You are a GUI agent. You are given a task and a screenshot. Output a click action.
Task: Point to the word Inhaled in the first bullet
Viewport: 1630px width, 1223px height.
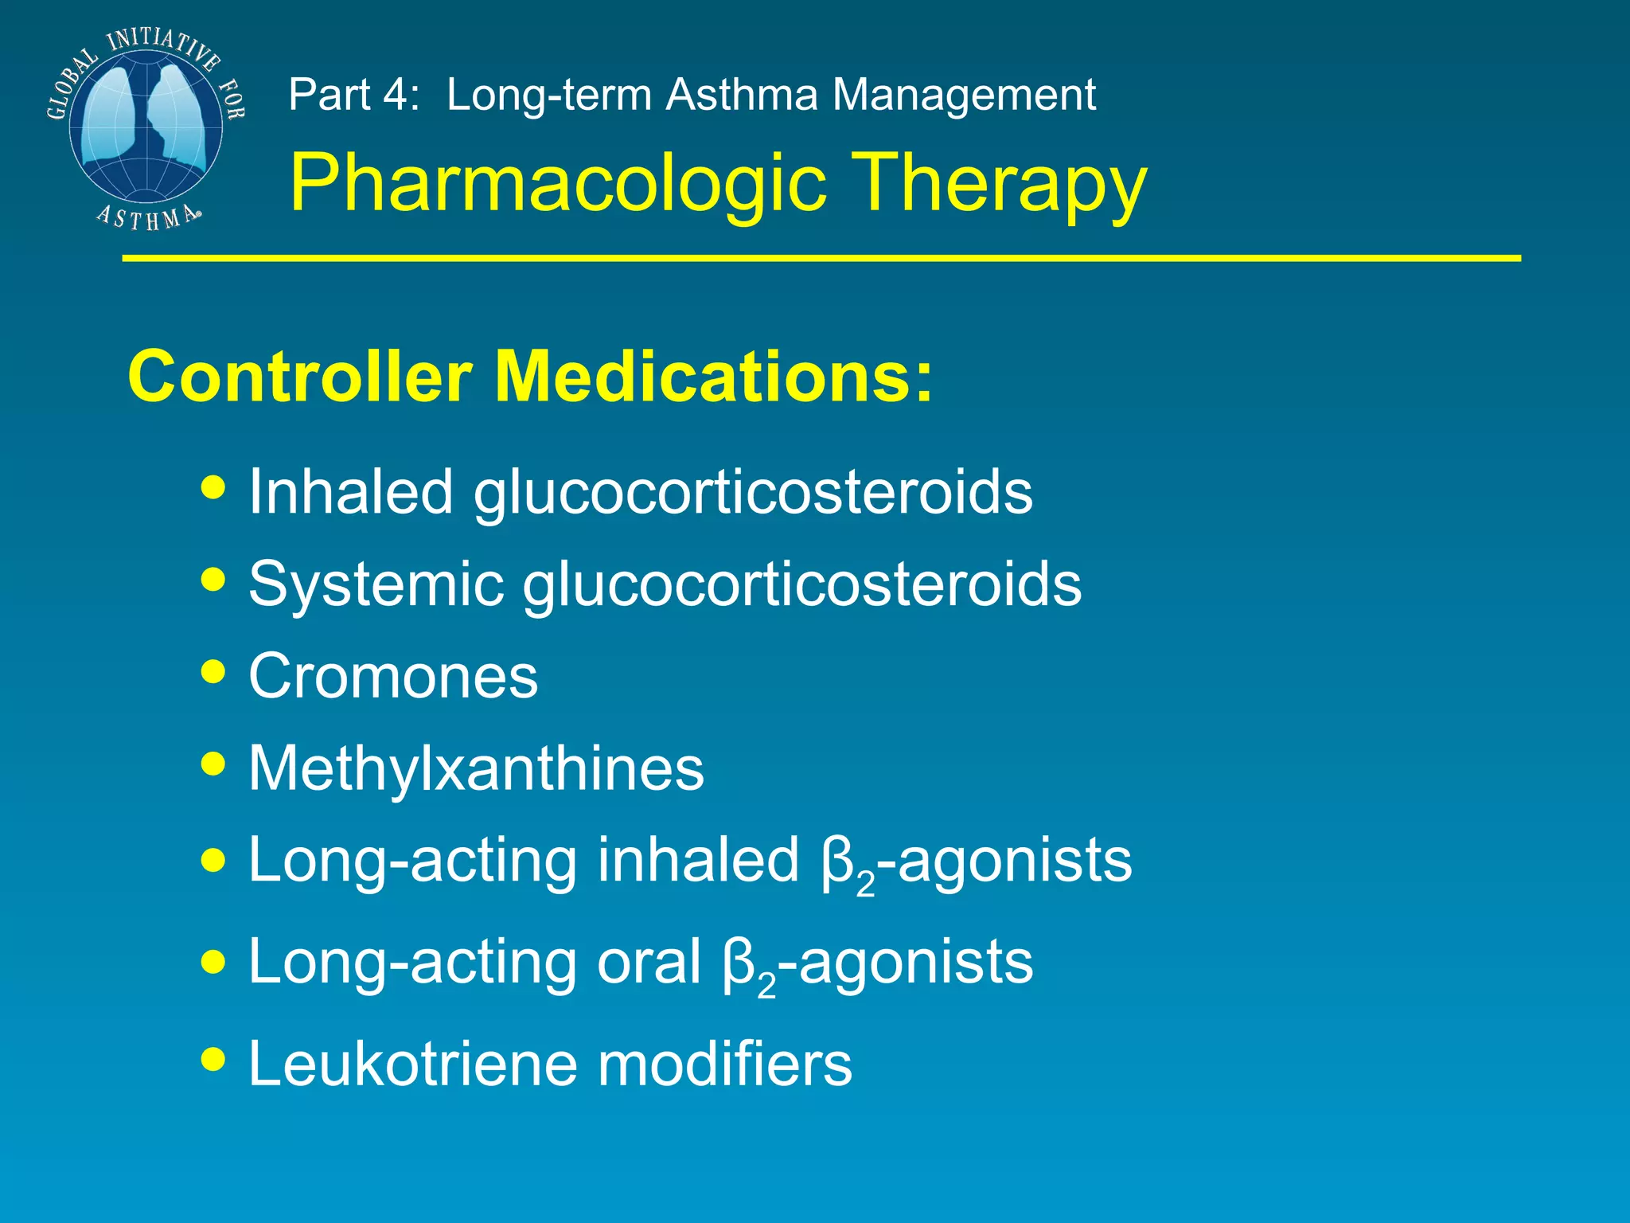(x=351, y=491)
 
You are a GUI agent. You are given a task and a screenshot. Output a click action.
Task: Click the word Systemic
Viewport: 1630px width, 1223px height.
(x=376, y=584)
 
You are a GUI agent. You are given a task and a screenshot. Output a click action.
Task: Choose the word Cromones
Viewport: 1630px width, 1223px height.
(x=393, y=676)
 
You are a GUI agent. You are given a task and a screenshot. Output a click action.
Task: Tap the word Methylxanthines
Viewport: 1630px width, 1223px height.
(x=476, y=768)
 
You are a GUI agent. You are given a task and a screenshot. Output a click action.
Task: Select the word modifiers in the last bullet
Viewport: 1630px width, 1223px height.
(x=724, y=1063)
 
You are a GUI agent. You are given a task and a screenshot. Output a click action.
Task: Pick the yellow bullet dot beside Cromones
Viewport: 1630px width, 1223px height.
(x=213, y=670)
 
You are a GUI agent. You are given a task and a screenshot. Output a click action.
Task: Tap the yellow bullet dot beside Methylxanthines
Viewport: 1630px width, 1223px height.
(x=213, y=763)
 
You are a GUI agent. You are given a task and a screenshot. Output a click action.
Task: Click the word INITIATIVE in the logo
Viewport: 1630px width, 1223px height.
(x=163, y=46)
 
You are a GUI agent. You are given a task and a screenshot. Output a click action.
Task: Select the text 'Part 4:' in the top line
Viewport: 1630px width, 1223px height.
(x=353, y=95)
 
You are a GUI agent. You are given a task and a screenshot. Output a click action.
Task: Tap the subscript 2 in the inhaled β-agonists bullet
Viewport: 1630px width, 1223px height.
(x=865, y=886)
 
